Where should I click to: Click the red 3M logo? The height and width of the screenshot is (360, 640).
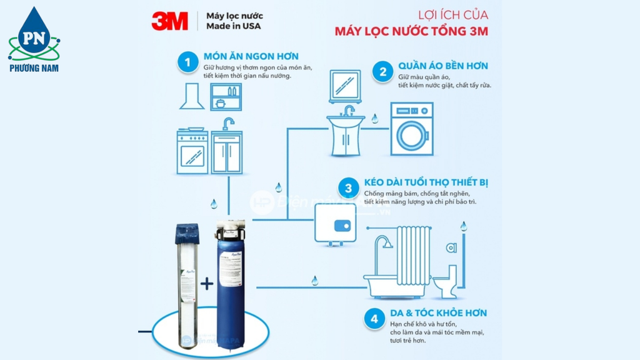169,21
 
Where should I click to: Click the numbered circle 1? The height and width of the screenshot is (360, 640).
186,62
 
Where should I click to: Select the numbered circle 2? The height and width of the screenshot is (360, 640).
382,71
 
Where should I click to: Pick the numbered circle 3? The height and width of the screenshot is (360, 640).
348,188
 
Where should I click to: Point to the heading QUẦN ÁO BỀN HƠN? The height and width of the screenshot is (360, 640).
443,66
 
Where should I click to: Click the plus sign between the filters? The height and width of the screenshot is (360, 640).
207,284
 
